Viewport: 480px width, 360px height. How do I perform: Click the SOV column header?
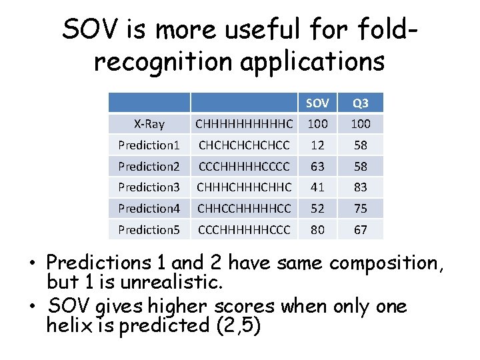317,103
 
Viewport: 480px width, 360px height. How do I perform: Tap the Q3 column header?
360,103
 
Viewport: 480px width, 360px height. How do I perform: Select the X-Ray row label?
149,124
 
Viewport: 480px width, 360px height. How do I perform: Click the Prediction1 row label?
149,145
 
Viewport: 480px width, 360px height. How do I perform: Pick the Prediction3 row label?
149,187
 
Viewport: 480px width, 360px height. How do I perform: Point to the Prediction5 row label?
149,229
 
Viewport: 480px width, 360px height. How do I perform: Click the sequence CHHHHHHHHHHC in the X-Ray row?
243,124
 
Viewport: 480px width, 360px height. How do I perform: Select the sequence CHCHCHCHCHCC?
243,145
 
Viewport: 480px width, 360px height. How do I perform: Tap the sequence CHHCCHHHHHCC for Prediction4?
243,209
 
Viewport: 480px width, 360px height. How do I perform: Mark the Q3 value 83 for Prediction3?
360,187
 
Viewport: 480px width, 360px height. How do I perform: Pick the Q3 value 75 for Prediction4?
360,209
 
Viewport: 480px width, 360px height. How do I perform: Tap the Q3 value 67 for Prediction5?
360,229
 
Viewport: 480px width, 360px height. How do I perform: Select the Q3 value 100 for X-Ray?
360,124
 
